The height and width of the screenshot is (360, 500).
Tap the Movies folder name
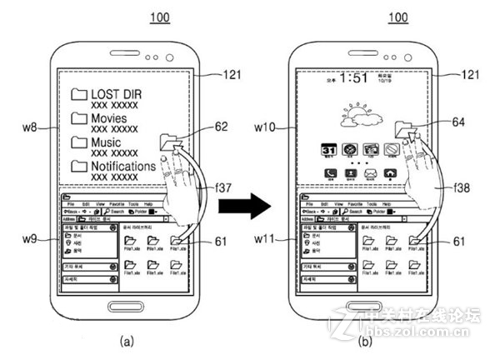click(x=114, y=118)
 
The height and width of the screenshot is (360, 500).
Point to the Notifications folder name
click(x=123, y=167)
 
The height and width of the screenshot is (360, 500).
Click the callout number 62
click(x=221, y=127)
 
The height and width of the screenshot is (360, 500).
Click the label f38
click(x=459, y=187)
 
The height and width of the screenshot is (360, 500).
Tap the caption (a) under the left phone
click(x=127, y=340)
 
